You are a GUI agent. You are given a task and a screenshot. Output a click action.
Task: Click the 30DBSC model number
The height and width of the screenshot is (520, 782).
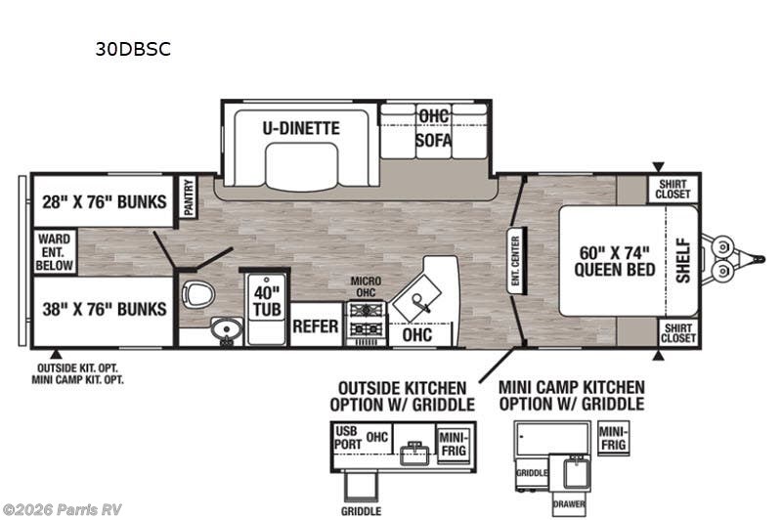point(133,49)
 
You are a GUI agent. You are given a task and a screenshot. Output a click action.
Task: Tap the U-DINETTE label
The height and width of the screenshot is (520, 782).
point(301,128)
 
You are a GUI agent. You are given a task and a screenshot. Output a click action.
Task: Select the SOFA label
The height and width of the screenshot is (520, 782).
point(433,141)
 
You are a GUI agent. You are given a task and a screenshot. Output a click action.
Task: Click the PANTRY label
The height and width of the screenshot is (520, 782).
point(188,197)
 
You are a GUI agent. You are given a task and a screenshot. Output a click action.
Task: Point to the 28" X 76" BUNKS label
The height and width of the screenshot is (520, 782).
point(105,202)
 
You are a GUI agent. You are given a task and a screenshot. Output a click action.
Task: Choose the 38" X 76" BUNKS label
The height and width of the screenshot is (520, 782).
point(105,309)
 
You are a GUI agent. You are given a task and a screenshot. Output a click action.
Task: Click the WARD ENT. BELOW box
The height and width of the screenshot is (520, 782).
point(55,252)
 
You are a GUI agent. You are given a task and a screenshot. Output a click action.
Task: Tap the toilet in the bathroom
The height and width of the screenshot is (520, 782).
point(198,294)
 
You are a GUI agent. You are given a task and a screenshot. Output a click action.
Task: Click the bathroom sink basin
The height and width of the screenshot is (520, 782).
point(227,329)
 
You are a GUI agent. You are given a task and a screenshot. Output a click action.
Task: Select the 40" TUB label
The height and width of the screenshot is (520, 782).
point(267,301)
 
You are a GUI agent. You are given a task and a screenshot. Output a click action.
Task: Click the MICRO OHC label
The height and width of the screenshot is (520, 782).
point(366,286)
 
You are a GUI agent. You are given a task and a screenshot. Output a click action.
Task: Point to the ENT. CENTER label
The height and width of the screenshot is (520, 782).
point(515,261)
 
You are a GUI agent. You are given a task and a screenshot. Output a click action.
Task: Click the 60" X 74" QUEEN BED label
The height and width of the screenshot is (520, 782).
point(615,261)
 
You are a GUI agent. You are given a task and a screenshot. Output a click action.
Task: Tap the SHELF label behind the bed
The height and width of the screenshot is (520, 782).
point(683,261)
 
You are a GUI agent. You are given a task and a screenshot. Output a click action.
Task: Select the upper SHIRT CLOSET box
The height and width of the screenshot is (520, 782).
point(673,189)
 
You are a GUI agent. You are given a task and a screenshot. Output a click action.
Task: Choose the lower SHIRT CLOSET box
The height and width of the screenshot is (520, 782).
point(677,333)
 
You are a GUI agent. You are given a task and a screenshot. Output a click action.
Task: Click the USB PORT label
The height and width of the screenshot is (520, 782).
point(348,437)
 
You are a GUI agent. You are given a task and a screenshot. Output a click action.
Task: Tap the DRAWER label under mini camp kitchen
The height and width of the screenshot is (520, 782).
point(569,504)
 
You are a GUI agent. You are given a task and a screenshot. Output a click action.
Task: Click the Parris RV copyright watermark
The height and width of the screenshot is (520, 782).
point(62,509)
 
